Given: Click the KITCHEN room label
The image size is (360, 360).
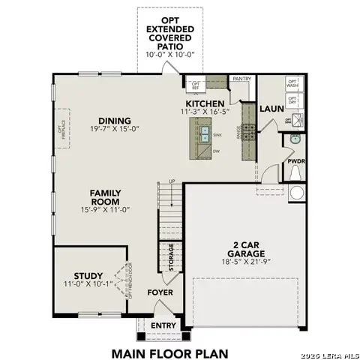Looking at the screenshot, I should [x=204, y=103].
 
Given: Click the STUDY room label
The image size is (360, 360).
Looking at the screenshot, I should [x=88, y=275].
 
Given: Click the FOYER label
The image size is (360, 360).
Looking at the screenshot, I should [x=160, y=292].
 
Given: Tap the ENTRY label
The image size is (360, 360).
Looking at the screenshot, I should [x=164, y=325].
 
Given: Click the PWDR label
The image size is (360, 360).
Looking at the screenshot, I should [x=295, y=161].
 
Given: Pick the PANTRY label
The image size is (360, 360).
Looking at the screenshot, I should [x=241, y=78].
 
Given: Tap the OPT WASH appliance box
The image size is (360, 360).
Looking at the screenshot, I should [x=292, y=83].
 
